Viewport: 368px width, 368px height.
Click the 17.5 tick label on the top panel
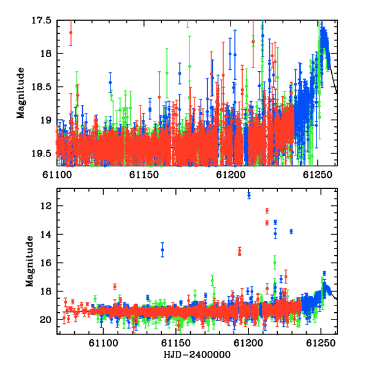click(x=42, y=21)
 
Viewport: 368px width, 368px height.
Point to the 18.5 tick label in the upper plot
click(x=42, y=87)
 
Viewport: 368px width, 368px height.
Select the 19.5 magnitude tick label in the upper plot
click(x=42, y=154)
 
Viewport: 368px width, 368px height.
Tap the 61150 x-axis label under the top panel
click(x=144, y=175)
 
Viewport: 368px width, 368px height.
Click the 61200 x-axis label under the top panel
click(x=231, y=175)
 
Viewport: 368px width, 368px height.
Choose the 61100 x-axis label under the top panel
click(x=57, y=175)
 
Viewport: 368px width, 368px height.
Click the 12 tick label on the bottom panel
click(x=45, y=206)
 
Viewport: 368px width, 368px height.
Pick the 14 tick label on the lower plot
click(x=45, y=235)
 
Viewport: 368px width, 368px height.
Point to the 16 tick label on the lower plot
click(x=45, y=263)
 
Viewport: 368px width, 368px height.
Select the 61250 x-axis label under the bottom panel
click(x=321, y=343)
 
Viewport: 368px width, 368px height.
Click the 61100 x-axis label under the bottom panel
click(x=103, y=343)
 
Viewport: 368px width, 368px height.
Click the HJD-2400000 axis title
click(x=197, y=355)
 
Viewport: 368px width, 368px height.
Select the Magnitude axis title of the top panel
click(x=21, y=93)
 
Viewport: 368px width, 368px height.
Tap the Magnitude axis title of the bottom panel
click(x=29, y=261)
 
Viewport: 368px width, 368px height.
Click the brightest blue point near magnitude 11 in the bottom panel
click(x=249, y=195)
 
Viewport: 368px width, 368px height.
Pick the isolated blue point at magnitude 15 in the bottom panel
click(x=162, y=250)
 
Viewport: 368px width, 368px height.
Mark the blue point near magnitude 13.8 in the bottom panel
click(x=291, y=231)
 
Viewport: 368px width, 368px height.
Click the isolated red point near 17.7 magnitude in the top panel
click(x=71, y=33)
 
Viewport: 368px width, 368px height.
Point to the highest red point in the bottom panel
click(x=267, y=211)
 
